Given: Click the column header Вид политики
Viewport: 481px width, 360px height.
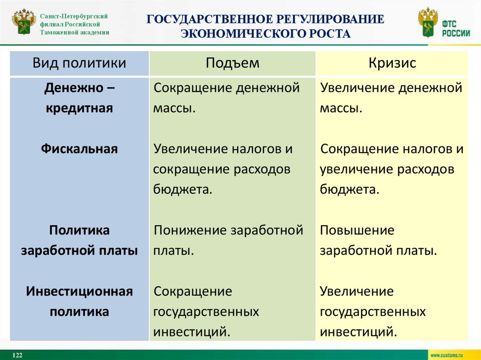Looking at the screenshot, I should pos(79,63).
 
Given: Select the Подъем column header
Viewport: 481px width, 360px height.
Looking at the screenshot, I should pos(232,63).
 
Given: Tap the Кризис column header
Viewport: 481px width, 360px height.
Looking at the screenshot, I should pos(392,63).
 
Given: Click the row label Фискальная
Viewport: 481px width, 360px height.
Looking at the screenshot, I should pos(79,149).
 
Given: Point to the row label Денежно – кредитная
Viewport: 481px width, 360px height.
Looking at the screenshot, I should pos(79,98).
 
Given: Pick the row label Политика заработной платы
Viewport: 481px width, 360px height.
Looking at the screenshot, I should pos(79,240).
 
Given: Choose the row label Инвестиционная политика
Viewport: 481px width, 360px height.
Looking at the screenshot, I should pos(79,301).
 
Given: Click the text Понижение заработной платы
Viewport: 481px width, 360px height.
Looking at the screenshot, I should pos(228,240).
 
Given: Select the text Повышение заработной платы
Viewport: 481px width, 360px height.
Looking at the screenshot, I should pos(379,240).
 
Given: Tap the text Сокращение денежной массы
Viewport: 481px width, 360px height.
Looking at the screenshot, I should pos(226,98).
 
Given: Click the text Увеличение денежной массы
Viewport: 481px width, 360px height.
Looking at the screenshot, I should pos(391,98).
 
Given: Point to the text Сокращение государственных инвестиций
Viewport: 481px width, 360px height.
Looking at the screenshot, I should pos(207,312).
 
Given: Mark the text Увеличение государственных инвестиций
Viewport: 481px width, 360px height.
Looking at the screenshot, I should pos(373,312).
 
